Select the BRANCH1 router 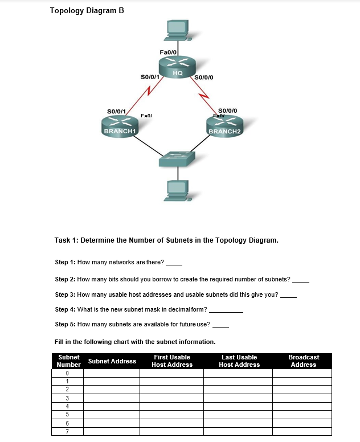coord(120,126)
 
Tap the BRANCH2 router coord(225,126)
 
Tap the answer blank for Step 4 coord(227,310)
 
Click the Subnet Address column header coord(112,361)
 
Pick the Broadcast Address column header coord(304,361)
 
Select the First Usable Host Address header coord(172,361)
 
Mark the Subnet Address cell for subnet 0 coord(112,374)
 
